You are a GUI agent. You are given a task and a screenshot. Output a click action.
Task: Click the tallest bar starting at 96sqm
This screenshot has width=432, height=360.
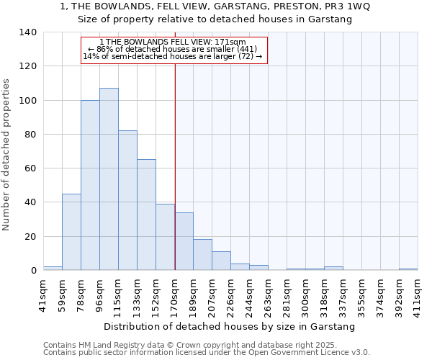[x=109, y=179]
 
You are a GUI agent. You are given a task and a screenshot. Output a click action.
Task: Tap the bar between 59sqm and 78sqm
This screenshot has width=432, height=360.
[x=71, y=232]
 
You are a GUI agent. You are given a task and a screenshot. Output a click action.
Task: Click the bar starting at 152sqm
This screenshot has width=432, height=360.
[x=165, y=237]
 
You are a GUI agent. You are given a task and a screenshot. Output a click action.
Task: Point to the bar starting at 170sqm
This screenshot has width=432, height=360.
[x=184, y=241]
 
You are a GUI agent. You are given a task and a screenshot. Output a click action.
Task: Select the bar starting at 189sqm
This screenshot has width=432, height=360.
[x=202, y=255]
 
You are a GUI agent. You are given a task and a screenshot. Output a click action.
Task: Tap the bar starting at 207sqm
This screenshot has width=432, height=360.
[x=221, y=261]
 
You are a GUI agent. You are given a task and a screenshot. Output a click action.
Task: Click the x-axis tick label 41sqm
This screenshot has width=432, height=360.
[x=44, y=292]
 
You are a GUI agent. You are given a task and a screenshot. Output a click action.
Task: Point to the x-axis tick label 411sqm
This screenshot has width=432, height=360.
[x=418, y=292]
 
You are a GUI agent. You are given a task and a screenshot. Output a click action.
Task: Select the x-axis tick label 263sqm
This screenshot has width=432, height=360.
[x=269, y=292]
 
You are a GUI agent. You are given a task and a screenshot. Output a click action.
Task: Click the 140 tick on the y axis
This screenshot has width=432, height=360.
[x=29, y=32]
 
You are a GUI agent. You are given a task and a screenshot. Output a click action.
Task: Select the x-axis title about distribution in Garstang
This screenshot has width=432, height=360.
[x=230, y=327]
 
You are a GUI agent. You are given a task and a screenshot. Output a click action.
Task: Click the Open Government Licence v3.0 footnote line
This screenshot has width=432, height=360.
[x=206, y=352]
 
